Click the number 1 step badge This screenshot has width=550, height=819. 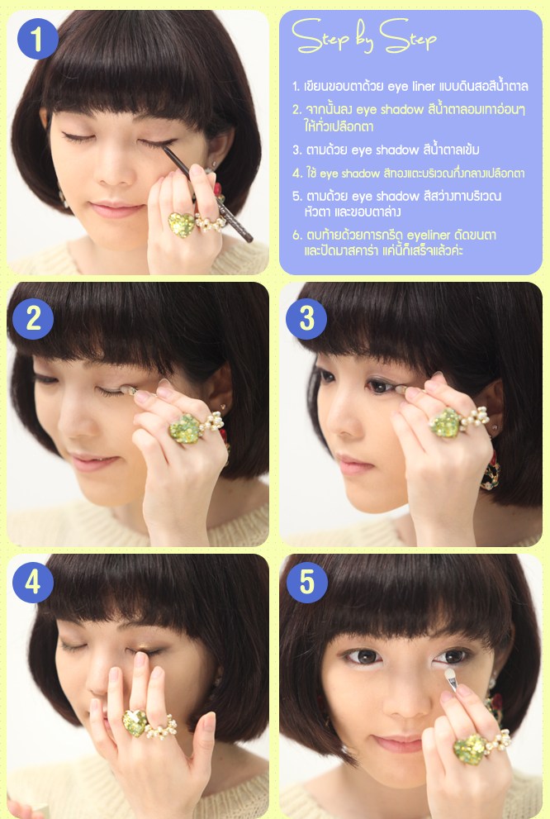tap(37, 39)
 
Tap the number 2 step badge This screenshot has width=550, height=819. tap(33, 319)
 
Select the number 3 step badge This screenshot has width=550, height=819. tap(306, 319)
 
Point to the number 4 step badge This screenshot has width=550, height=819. tap(33, 583)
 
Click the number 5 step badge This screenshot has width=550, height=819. tap(306, 583)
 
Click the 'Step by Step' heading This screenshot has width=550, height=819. tap(363, 36)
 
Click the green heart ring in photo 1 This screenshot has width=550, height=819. tap(181, 225)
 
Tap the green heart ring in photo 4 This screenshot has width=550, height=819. tap(134, 723)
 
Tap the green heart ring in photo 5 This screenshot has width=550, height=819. tap(469, 750)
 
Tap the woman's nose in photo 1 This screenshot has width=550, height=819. tap(111, 169)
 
